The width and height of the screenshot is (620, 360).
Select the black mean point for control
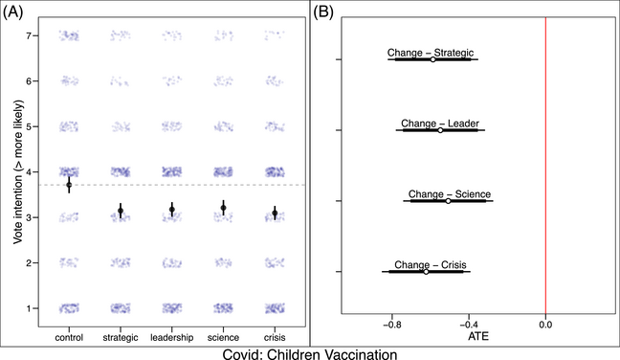click(x=69, y=184)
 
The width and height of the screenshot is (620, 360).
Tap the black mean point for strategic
click(x=121, y=210)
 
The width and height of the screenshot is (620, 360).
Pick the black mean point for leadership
click(x=172, y=209)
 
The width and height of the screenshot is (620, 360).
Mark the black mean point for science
click(x=223, y=208)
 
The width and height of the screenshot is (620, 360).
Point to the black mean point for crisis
click(x=275, y=213)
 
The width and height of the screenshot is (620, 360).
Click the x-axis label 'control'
click(x=69, y=337)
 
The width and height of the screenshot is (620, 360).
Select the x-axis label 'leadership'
click(x=172, y=337)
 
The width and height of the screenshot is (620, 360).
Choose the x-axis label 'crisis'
click(x=275, y=337)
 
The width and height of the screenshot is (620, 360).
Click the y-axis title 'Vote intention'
click(x=15, y=172)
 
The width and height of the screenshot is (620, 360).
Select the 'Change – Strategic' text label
click(x=431, y=52)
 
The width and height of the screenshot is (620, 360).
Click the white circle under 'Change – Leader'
click(x=441, y=129)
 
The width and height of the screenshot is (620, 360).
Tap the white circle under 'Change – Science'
click(x=448, y=200)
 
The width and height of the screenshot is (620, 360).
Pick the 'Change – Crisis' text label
click(x=427, y=263)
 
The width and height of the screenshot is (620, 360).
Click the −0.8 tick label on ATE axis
click(x=390, y=325)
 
